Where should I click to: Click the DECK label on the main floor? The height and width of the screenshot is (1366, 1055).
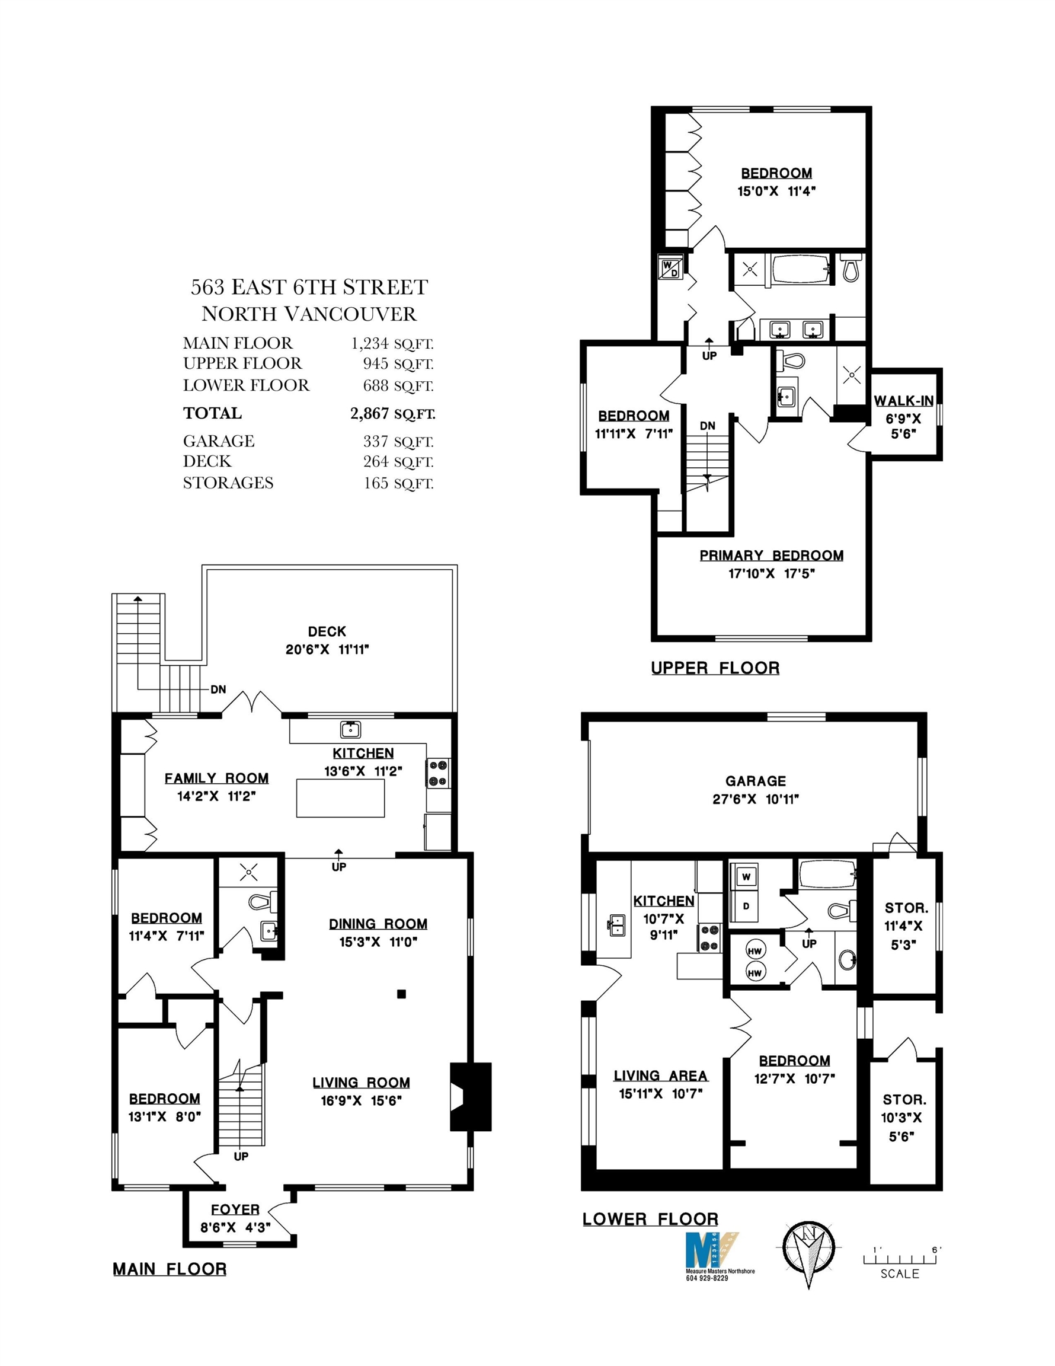point(327,631)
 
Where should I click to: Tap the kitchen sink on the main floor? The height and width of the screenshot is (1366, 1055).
point(350,729)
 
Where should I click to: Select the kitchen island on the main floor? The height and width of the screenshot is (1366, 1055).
point(340,797)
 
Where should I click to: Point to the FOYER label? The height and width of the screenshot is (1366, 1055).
point(235,1209)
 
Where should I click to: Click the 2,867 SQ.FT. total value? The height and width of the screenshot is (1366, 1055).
point(393,413)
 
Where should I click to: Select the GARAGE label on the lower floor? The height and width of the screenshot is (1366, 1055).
point(756,781)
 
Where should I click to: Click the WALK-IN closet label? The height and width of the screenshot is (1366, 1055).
point(904,401)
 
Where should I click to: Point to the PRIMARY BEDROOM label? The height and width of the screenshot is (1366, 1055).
point(771,556)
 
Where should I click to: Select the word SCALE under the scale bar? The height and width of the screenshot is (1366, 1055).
point(900,1274)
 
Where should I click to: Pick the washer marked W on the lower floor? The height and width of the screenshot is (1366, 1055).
point(746,877)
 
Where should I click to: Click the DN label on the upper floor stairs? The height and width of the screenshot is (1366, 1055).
point(707,426)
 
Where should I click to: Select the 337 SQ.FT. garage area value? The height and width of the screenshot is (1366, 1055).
point(398,442)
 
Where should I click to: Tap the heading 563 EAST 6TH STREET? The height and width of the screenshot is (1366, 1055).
point(309,287)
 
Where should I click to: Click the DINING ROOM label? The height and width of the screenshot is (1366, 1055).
point(378,924)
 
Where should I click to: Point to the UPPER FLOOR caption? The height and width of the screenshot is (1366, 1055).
point(715,668)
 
